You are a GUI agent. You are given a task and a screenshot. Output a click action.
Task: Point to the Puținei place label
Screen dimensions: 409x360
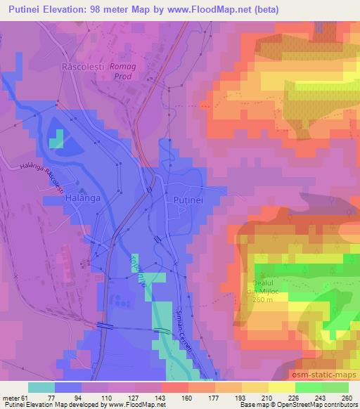(188, 200)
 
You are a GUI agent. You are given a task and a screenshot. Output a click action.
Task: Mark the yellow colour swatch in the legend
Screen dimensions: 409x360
(281, 387)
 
